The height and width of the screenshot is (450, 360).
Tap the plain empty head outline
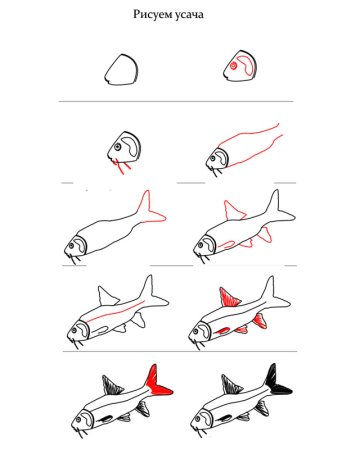[x=121, y=70]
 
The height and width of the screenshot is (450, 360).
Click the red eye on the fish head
[x=234, y=66]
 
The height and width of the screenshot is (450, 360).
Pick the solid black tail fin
[x=277, y=381]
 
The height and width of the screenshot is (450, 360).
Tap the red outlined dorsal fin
[x=234, y=211]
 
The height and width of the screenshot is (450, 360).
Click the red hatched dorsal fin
[x=230, y=297]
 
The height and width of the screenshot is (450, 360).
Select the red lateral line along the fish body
[x=116, y=311]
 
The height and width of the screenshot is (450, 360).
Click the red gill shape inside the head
[x=247, y=66]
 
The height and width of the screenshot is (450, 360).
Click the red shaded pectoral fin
[x=222, y=331]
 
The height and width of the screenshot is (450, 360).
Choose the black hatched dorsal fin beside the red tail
[x=112, y=385]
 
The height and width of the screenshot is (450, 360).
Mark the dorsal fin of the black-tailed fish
[x=232, y=384]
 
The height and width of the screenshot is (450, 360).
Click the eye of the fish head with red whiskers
[x=117, y=147]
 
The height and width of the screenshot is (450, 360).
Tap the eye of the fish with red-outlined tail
[x=71, y=246]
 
